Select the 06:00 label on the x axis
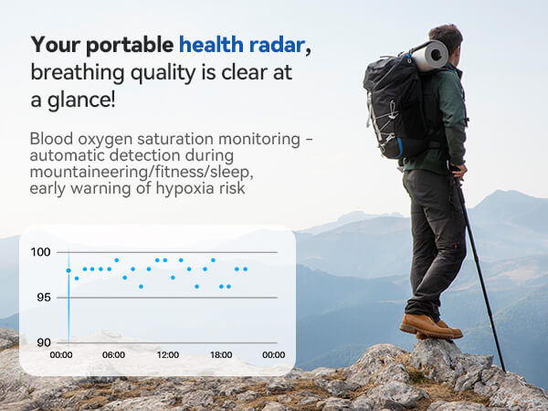pos(113,354)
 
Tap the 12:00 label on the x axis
pos(167,354)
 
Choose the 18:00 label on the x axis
pos(220,354)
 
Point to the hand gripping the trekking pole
pos(459,171)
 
